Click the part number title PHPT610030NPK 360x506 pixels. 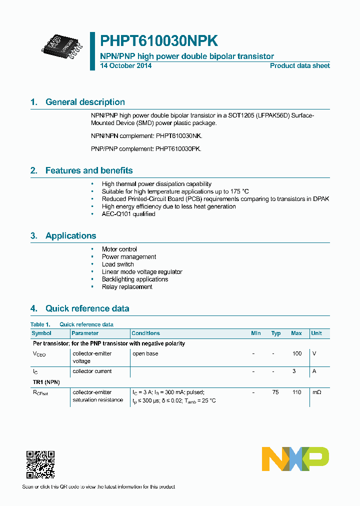click(x=158, y=41)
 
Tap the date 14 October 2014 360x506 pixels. click(x=126, y=66)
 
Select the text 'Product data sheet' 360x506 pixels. click(x=299, y=66)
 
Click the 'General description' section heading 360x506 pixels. click(x=85, y=102)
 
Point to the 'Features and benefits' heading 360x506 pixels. click(x=89, y=170)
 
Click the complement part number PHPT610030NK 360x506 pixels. click(x=178, y=136)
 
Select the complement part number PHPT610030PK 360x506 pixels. click(x=178, y=149)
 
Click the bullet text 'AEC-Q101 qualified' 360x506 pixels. click(x=128, y=214)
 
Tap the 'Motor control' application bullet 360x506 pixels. click(x=119, y=249)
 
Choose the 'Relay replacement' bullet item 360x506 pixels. click(x=127, y=287)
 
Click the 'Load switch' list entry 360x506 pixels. click(x=117, y=264)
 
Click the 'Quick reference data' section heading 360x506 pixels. click(x=87, y=308)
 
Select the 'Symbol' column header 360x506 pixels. click(x=41, y=333)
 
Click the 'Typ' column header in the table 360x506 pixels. click(x=275, y=333)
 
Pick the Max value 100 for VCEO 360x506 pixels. click(x=296, y=353)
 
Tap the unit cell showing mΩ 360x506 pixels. click(x=316, y=392)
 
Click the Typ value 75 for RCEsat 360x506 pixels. click(x=275, y=392)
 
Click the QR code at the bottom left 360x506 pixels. click(x=40, y=464)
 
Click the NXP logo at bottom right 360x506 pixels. click(x=295, y=459)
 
